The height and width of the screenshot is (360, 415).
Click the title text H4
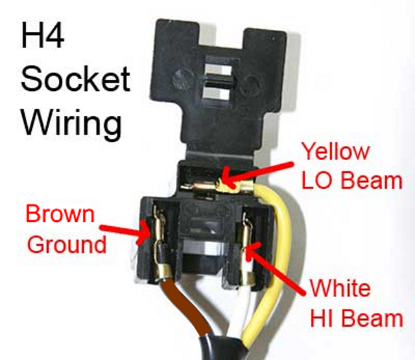43,40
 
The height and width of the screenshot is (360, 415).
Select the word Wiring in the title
71,121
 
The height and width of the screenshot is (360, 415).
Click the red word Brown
60,214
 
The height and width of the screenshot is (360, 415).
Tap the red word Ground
67,244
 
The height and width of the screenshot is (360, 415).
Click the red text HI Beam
355,318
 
